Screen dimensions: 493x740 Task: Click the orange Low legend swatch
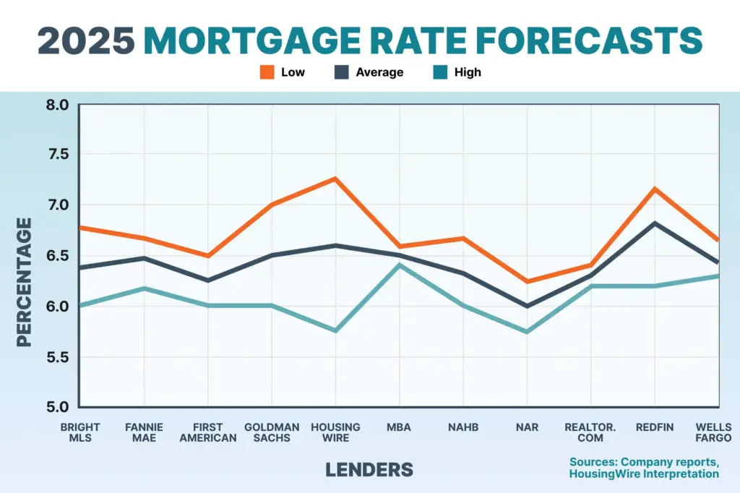point(267,72)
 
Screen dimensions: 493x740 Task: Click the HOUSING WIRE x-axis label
point(335,432)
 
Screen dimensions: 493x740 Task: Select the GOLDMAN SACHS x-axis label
point(272,432)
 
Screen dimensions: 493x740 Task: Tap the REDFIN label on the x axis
point(655,427)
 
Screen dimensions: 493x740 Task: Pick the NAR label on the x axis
point(527,427)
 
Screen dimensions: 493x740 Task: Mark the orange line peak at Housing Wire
point(335,179)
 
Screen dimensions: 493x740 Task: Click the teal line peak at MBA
point(399,265)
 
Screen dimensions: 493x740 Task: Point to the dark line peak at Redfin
point(655,223)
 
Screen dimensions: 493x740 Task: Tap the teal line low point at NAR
point(527,332)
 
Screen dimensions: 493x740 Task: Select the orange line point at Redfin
point(655,189)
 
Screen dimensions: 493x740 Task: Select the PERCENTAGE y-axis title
point(25,282)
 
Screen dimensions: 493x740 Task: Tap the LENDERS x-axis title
point(369,469)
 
